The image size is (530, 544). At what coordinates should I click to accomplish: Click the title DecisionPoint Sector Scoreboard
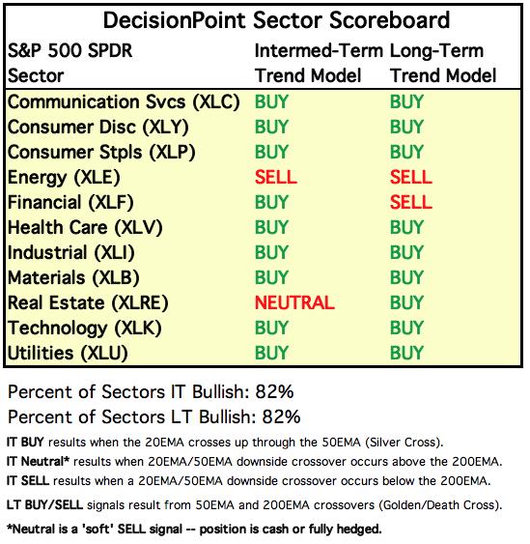pos(276,20)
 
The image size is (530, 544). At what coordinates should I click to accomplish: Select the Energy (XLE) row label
pos(64,177)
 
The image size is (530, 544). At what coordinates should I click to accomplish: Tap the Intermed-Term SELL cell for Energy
pos(275,177)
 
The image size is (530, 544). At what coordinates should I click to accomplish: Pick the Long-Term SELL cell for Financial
pos(410,202)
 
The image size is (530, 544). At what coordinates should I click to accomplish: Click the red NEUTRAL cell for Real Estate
pos(294,302)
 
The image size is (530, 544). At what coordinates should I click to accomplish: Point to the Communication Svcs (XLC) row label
pos(124,102)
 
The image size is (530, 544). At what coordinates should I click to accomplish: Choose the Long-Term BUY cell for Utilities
pos(406,353)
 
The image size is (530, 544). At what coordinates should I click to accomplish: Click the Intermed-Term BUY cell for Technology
pos(271,328)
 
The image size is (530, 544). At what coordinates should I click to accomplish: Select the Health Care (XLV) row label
pos(85,228)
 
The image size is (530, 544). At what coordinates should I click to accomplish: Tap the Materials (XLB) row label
pos(73,277)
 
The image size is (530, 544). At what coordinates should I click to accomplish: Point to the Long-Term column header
pos(444,63)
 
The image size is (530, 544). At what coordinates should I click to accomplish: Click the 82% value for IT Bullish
pos(274,391)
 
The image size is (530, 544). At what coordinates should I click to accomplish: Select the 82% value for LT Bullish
pos(281,416)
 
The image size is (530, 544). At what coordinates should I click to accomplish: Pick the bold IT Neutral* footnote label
pos(38,462)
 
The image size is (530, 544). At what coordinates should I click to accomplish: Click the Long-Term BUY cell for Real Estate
pos(406,302)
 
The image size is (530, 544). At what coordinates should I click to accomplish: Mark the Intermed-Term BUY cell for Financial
pos(271,202)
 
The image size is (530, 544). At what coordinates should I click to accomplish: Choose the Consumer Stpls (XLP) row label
pos(101,153)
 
